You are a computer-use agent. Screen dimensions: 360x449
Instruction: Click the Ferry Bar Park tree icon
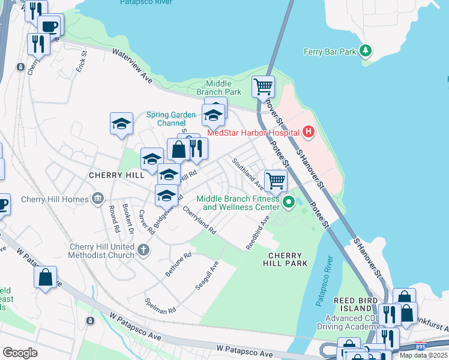pyautogui.click(x=364, y=51)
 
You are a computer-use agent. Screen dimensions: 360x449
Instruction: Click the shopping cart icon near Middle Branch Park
pyautogui.click(x=263, y=86)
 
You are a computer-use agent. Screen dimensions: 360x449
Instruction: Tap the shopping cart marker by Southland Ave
pyautogui.click(x=276, y=179)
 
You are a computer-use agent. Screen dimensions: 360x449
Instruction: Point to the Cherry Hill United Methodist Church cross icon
pyautogui.click(x=143, y=250)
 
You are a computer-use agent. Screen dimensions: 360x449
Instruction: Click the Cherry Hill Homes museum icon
pyautogui.click(x=98, y=199)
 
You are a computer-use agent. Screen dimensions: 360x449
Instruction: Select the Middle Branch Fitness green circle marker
pyautogui.click(x=288, y=202)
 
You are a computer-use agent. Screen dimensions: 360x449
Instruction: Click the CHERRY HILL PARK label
pyautogui.click(x=284, y=259)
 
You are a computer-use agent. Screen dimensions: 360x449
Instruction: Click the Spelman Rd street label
pyautogui.click(x=160, y=305)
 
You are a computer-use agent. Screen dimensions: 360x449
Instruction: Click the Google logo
pyautogui.click(x=20, y=352)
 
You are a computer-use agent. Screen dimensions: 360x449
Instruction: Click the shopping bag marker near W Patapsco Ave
pyautogui.click(x=45, y=277)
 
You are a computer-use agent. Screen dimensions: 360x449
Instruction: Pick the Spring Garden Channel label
pyautogui.click(x=172, y=119)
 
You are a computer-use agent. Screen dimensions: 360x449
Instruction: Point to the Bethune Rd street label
pyautogui.click(x=179, y=264)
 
